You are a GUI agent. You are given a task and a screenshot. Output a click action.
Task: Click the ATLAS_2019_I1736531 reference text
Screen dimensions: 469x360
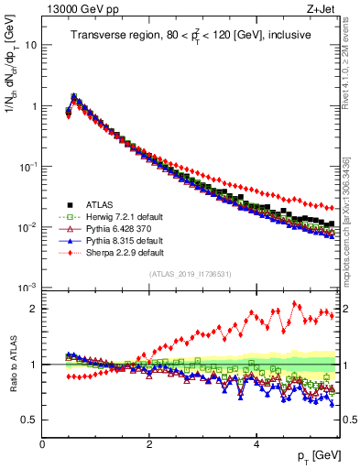(191, 274)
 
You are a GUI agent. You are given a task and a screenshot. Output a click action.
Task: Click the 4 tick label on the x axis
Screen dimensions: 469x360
(256, 444)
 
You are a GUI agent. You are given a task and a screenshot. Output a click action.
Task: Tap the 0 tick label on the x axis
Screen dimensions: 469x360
(43, 444)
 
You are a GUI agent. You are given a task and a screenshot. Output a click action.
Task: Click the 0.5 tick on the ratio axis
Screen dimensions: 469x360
(29, 420)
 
